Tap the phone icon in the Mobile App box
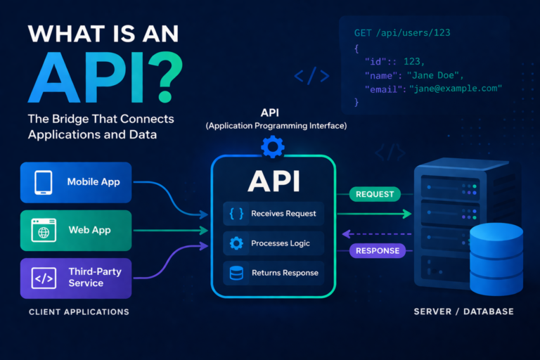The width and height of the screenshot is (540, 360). pos(43,182)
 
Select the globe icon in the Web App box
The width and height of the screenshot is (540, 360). pos(43,231)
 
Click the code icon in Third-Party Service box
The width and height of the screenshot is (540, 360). pos(44,278)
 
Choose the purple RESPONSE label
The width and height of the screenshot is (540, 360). pos(377,250)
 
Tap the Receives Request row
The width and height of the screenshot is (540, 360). pos(274,214)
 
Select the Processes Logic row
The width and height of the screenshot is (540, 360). pos(274,243)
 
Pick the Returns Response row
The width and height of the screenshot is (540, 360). pos(274,273)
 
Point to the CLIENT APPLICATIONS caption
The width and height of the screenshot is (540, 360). pos(78,311)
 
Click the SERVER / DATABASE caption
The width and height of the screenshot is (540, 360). pos(463,311)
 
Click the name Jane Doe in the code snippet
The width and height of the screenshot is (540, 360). pos(429,75)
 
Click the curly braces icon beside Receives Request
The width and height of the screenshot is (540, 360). pos(236,214)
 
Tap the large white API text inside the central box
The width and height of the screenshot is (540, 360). pos(274,181)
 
